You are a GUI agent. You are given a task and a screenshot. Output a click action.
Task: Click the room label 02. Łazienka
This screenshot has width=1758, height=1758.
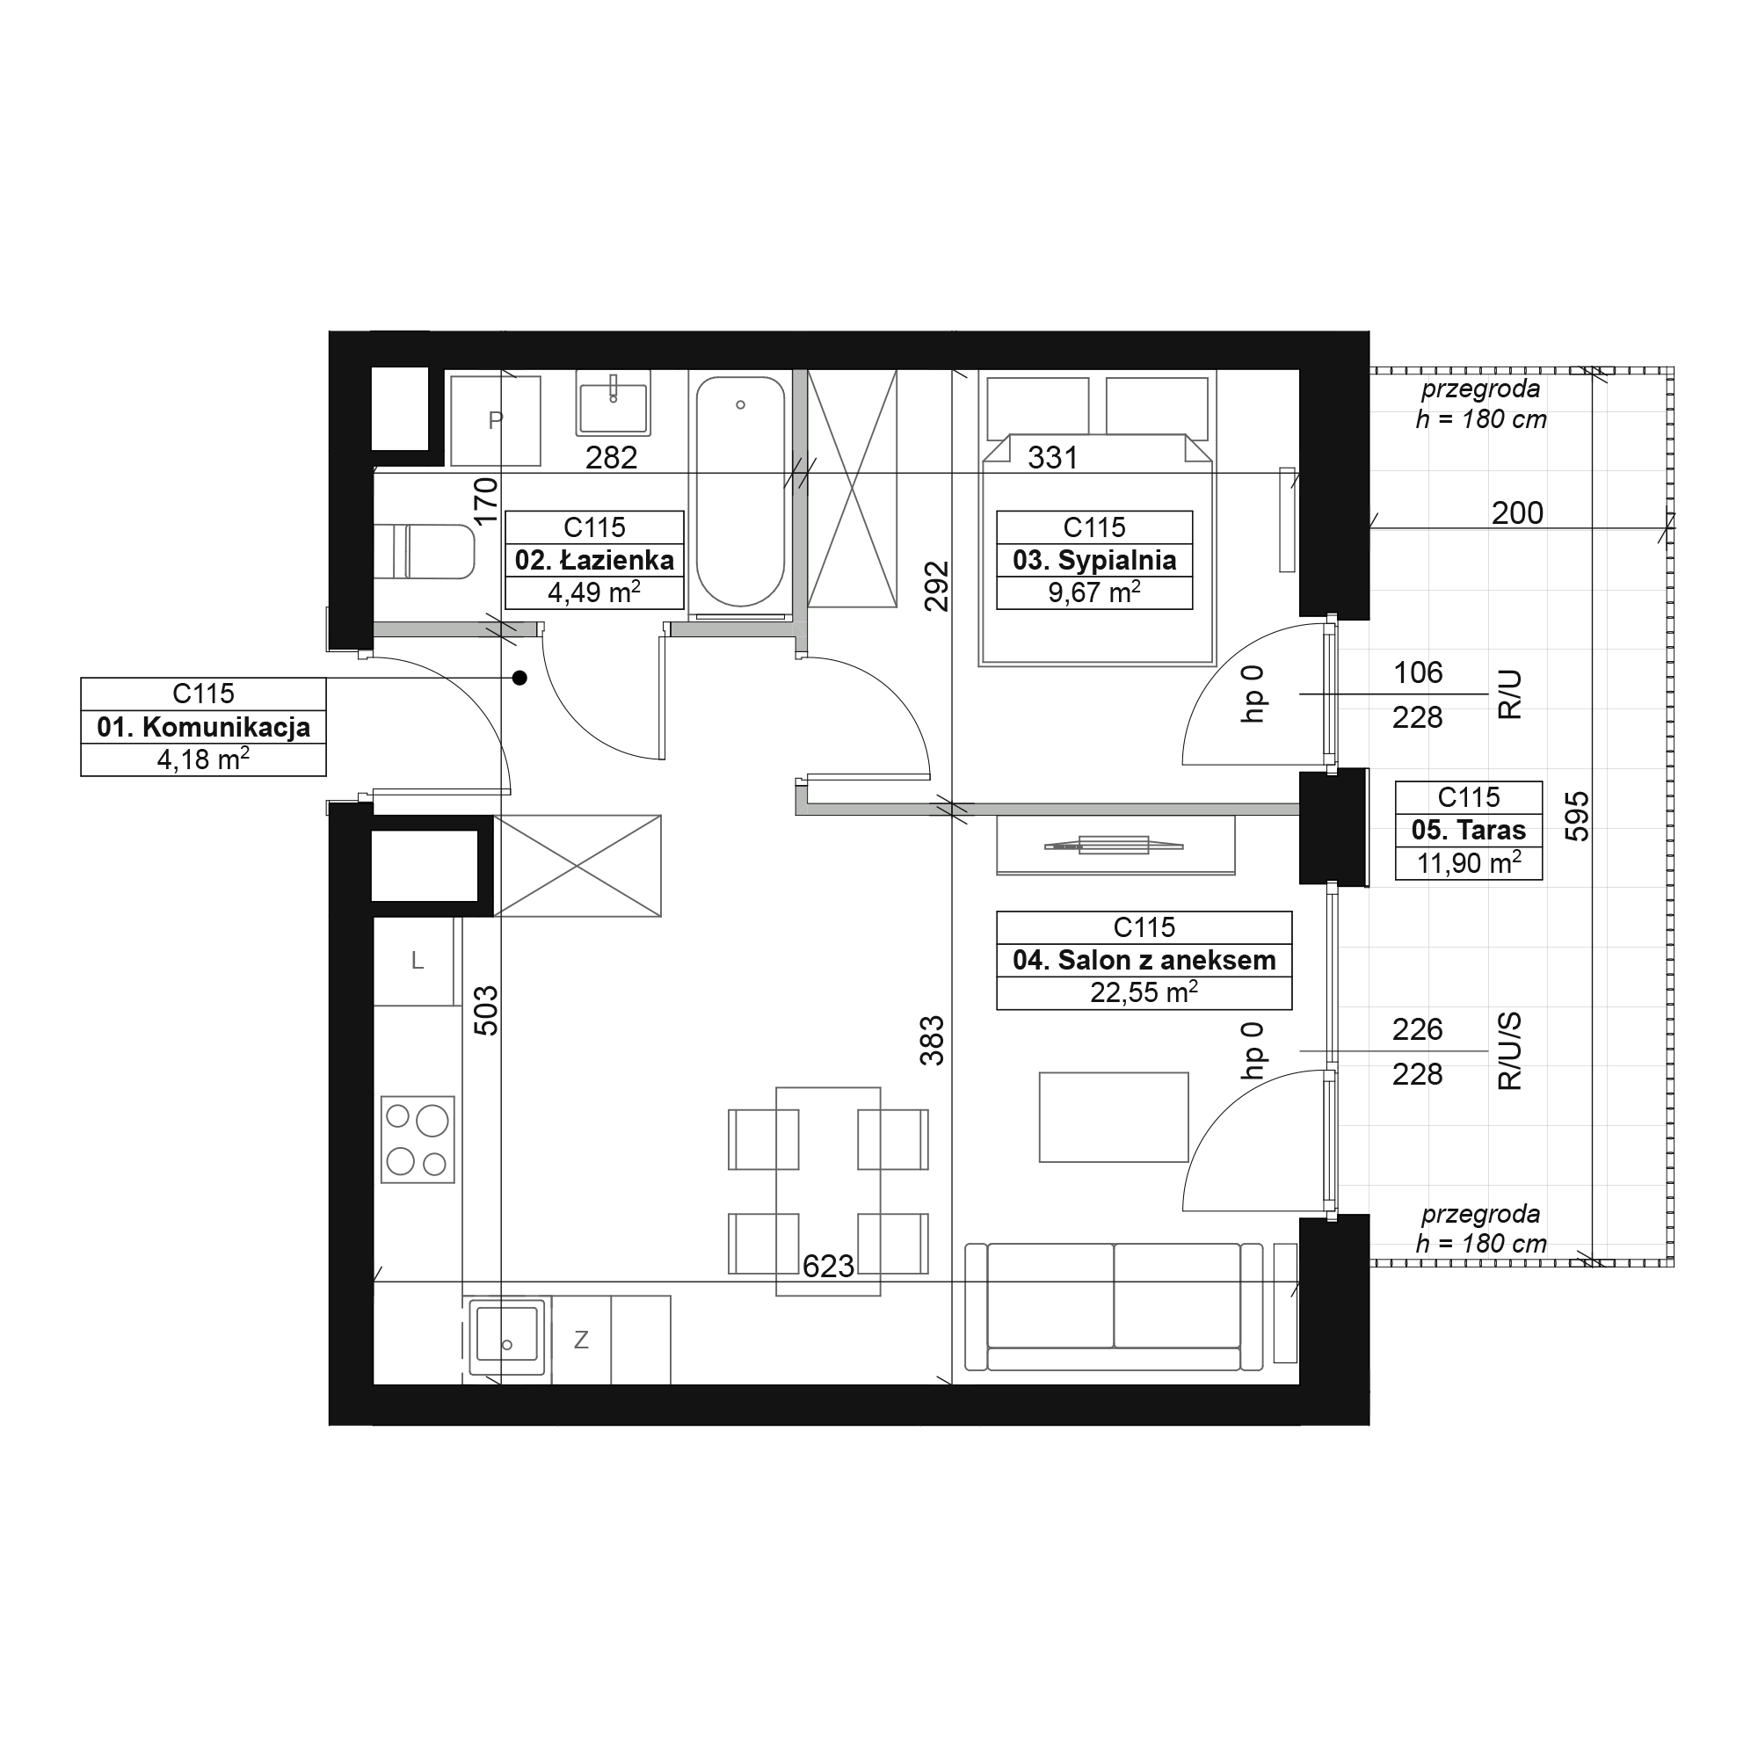(594, 560)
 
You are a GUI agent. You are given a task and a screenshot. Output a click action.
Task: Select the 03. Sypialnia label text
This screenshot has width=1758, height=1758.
(1094, 560)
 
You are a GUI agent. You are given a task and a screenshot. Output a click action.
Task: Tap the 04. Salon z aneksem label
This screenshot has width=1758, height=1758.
(1144, 960)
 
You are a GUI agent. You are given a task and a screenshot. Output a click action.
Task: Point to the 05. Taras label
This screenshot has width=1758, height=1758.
(1469, 830)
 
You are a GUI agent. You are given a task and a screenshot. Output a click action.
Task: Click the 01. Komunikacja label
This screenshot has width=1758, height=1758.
(204, 727)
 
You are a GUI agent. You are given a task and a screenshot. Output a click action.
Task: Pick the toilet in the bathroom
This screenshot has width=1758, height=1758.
(424, 550)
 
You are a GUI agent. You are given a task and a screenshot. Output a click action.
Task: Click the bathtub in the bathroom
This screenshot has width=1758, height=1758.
(740, 492)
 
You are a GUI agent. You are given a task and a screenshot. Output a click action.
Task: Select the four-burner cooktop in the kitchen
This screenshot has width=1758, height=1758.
(418, 1139)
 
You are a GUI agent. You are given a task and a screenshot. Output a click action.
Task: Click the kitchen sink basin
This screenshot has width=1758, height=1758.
(507, 1337)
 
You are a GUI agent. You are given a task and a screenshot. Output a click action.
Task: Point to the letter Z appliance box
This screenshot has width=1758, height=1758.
(581, 1340)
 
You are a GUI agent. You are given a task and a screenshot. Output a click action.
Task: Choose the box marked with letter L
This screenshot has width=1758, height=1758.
(417, 961)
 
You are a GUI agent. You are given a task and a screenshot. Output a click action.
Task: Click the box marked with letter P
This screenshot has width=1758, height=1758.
(495, 420)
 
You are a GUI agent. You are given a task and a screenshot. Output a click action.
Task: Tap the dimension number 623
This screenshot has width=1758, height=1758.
(828, 1266)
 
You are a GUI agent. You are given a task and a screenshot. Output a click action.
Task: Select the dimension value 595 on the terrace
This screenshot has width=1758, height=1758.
(1577, 817)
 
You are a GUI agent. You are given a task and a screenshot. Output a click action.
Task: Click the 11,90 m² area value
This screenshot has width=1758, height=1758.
(1469, 862)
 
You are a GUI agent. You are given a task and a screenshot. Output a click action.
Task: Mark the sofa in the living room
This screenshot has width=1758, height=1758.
(1114, 1307)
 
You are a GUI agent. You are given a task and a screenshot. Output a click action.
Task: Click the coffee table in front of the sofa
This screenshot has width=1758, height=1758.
(1114, 1116)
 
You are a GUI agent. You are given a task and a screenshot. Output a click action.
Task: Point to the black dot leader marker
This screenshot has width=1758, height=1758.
(519, 678)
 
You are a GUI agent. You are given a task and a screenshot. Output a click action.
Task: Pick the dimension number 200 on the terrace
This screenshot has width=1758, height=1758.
(1517, 513)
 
